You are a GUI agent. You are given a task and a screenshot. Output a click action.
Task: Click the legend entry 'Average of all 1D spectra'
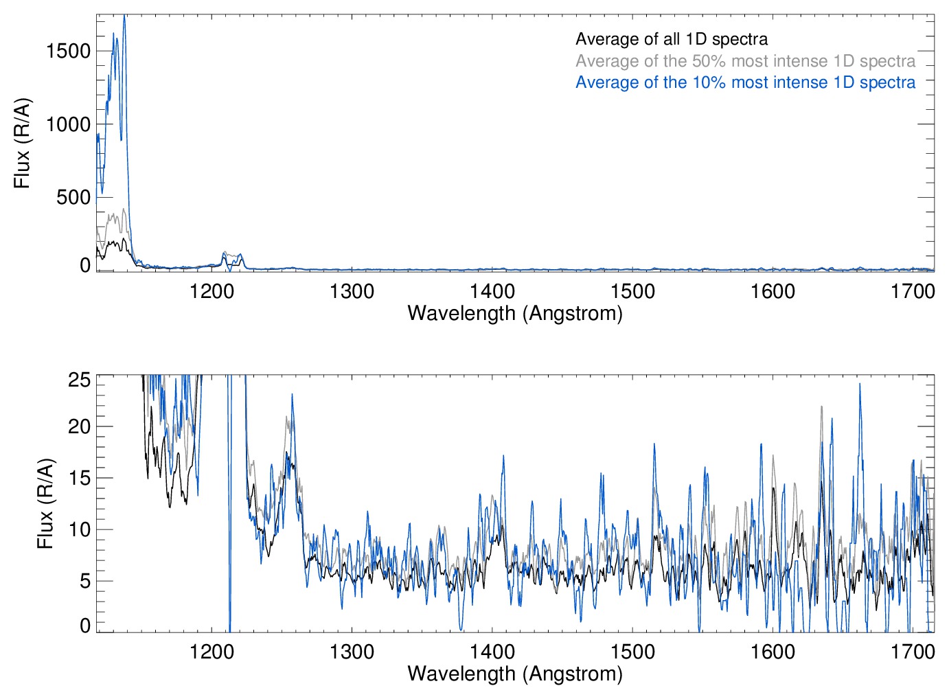pyautogui.click(x=671, y=39)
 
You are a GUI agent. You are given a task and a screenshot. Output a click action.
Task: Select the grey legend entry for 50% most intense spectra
pyautogui.click(x=745, y=61)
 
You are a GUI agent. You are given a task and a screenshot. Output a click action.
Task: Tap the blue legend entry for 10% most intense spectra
pyautogui.click(x=745, y=82)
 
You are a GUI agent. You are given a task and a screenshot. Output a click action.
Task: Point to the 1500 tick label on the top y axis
pyautogui.click(x=69, y=51)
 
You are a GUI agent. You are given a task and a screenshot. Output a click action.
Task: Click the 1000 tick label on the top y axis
pyautogui.click(x=69, y=124)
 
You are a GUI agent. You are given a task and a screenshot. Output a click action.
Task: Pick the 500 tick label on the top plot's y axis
pyautogui.click(x=74, y=198)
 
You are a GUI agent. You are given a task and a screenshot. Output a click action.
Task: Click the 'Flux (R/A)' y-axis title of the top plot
pyautogui.click(x=22, y=143)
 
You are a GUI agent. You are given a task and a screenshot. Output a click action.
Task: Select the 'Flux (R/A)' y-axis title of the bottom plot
pyautogui.click(x=45, y=503)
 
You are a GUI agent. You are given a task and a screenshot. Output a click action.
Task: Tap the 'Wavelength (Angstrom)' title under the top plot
pyautogui.click(x=515, y=313)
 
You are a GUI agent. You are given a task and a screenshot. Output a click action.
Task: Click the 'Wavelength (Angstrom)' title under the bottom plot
pyautogui.click(x=515, y=674)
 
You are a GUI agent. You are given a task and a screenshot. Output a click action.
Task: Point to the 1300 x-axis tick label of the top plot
pyautogui.click(x=352, y=292)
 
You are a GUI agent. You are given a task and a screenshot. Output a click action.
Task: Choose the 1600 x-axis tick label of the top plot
pyautogui.click(x=773, y=292)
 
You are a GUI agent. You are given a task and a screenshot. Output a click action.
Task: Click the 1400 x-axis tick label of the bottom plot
pyautogui.click(x=492, y=652)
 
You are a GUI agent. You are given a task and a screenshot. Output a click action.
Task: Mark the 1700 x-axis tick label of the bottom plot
pyautogui.click(x=913, y=652)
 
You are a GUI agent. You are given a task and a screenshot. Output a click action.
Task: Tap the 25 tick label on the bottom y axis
pyautogui.click(x=80, y=380)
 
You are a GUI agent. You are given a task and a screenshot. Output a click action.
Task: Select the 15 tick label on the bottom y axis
pyautogui.click(x=80, y=479)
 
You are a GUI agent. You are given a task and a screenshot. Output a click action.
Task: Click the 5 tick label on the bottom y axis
pyautogui.click(x=85, y=582)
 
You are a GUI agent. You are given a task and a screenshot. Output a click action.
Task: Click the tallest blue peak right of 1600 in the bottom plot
pyautogui.click(x=859, y=385)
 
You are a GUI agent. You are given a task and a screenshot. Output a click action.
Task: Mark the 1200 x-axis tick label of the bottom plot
pyautogui.click(x=211, y=652)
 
